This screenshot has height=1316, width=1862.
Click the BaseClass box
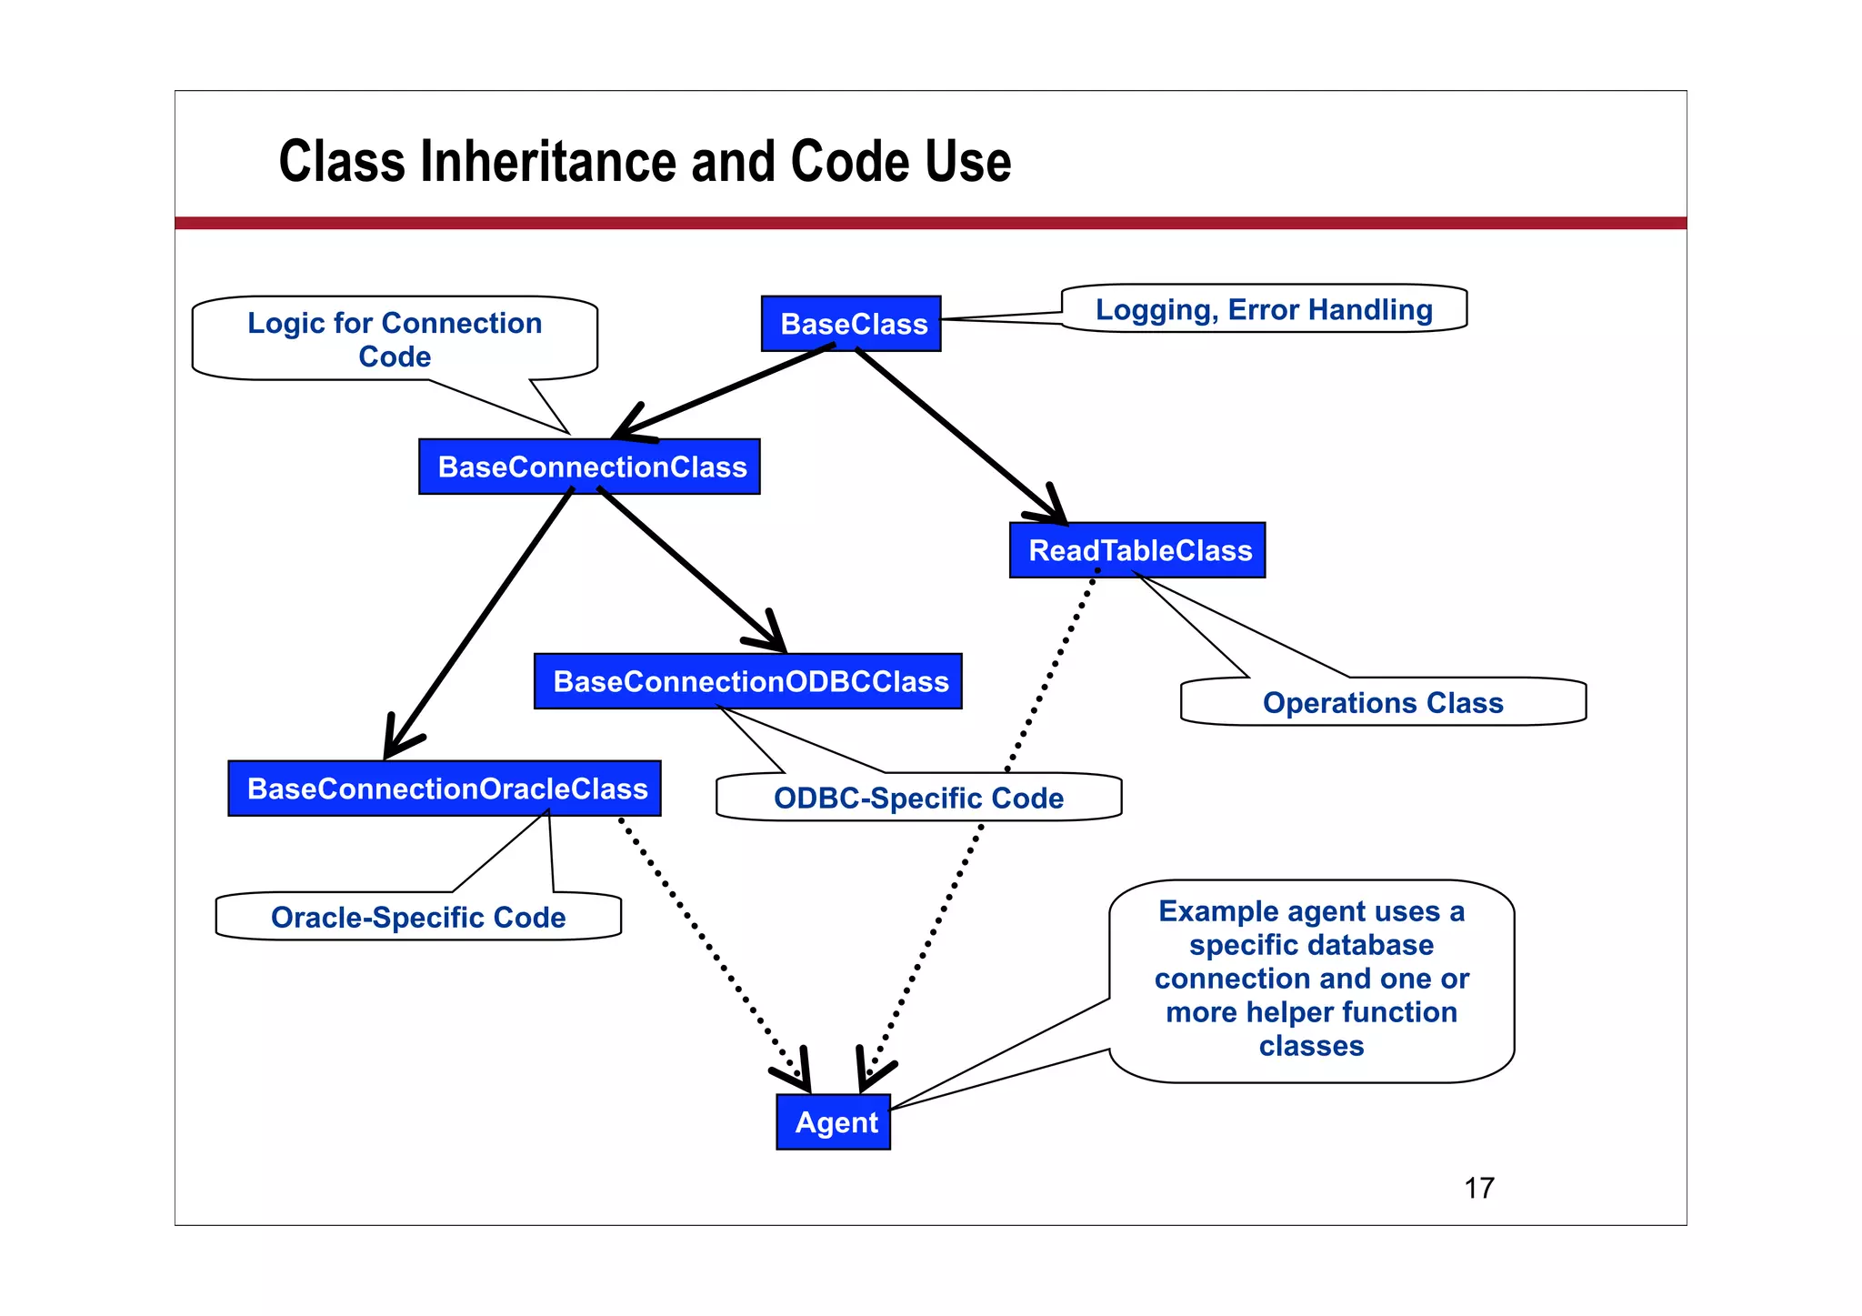coord(851,324)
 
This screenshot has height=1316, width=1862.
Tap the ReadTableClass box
coord(1137,550)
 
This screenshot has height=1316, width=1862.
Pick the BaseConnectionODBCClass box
coord(748,681)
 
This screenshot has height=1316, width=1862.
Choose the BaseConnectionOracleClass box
coord(445,789)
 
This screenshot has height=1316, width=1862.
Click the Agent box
coord(834,1122)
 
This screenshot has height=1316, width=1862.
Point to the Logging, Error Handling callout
coord(1264,309)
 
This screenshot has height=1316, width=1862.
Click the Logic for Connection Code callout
coord(395,338)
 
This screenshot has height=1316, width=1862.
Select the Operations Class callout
coord(1383,702)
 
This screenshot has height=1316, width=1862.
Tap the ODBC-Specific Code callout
coord(918,798)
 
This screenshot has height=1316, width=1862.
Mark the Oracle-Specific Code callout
coord(418,917)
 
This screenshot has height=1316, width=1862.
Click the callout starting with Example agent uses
coord(1311,979)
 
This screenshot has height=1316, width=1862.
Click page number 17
coord(1479,1188)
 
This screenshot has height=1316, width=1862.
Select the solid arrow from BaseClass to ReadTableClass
coord(955,433)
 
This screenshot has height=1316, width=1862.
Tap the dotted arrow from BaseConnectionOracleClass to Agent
coord(709,946)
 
